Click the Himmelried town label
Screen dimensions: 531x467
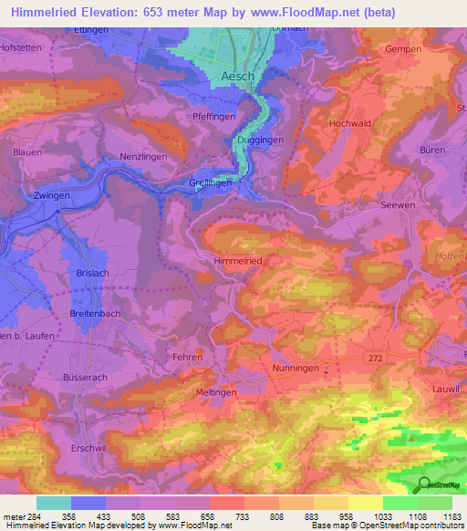pos(238,261)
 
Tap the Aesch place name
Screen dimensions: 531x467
pos(237,78)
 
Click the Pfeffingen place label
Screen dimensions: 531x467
pos(214,117)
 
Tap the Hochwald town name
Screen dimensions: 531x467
pos(348,121)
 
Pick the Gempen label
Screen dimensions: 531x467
pos(402,49)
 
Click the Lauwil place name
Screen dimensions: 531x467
pos(445,388)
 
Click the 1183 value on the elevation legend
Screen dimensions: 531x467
pos(450,516)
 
